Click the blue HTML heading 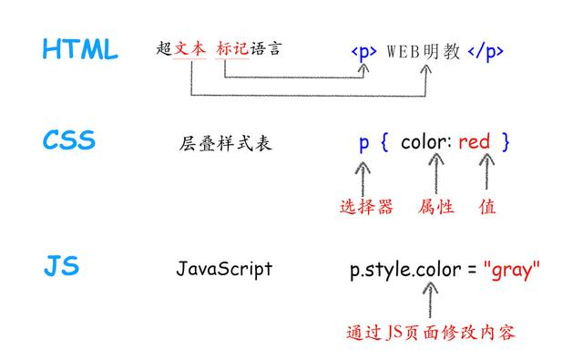coord(80,50)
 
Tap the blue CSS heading coord(68,141)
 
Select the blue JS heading coord(61,267)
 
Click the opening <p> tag coord(363,51)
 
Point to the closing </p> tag coord(486,51)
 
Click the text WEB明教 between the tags coord(424,51)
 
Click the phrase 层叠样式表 coord(225,143)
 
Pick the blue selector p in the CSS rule coord(363,143)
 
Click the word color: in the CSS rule coord(426,142)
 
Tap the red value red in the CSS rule coord(474,142)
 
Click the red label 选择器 coord(366,208)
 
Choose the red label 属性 coord(436,208)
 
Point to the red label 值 coord(487,208)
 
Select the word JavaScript coord(224,269)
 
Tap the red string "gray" coord(512,270)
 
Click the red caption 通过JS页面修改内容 coord(431,333)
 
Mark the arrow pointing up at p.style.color coord(430,300)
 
